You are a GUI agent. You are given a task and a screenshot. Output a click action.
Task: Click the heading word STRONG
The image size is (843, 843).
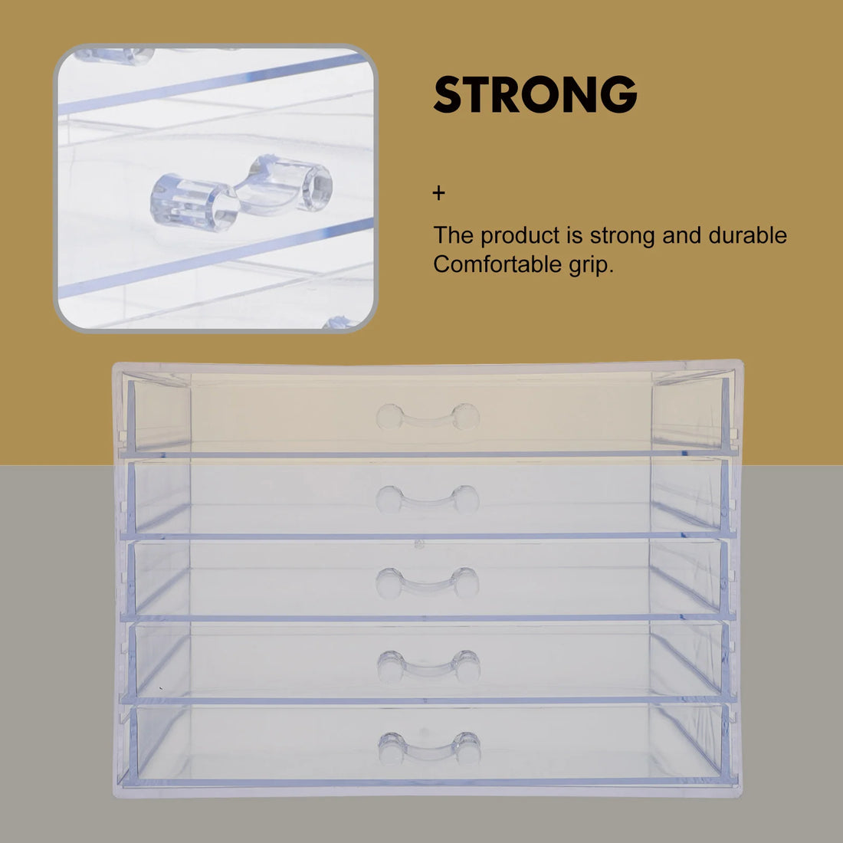pyautogui.click(x=535, y=95)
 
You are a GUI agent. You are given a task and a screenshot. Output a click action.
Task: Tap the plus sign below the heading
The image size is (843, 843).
pyautogui.click(x=438, y=193)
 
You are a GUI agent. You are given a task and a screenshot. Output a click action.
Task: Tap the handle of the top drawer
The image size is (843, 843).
pyautogui.click(x=428, y=418)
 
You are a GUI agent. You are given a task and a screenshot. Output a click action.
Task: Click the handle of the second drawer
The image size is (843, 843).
pyautogui.click(x=428, y=500)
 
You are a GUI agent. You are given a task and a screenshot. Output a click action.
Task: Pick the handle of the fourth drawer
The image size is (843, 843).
pyautogui.click(x=428, y=667)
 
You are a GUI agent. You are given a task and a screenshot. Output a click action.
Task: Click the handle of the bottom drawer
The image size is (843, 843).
pyautogui.click(x=429, y=748)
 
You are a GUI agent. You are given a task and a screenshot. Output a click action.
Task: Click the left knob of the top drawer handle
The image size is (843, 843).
pyautogui.click(x=389, y=418)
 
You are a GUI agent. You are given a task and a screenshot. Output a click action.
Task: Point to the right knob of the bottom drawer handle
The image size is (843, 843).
pyautogui.click(x=467, y=748)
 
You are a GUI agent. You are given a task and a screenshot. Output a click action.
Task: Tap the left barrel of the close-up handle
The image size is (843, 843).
pyautogui.click(x=185, y=202)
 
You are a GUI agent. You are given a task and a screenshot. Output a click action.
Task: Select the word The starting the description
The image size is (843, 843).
pyautogui.click(x=454, y=235)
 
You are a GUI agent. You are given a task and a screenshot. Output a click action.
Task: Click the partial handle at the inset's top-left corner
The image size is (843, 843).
pyautogui.click(x=115, y=55)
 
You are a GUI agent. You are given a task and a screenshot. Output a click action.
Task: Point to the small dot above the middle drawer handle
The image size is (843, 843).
pyautogui.click(x=418, y=545)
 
